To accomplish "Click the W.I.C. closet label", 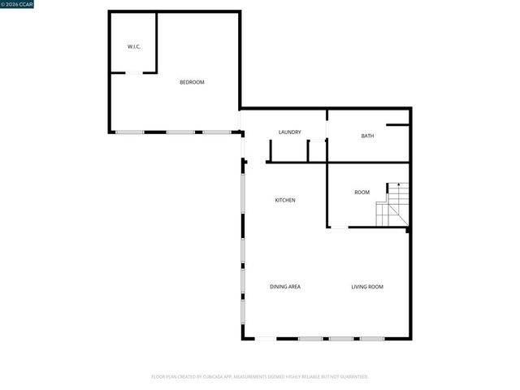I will (x=134, y=46).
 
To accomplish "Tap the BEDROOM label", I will (x=192, y=82).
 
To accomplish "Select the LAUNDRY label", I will (x=290, y=132).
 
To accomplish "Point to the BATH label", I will (x=368, y=136).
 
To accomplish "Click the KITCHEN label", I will (x=284, y=200).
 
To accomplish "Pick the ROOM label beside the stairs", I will (x=362, y=193).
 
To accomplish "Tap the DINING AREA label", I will (x=285, y=287).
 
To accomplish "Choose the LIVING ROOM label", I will (x=367, y=287).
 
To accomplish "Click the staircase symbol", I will (x=393, y=206).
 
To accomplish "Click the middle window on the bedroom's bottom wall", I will (x=180, y=132).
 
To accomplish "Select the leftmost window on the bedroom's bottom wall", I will (x=129, y=132).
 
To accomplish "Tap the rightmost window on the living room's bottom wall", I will (x=371, y=339).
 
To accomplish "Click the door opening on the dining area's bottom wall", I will (x=265, y=339).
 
